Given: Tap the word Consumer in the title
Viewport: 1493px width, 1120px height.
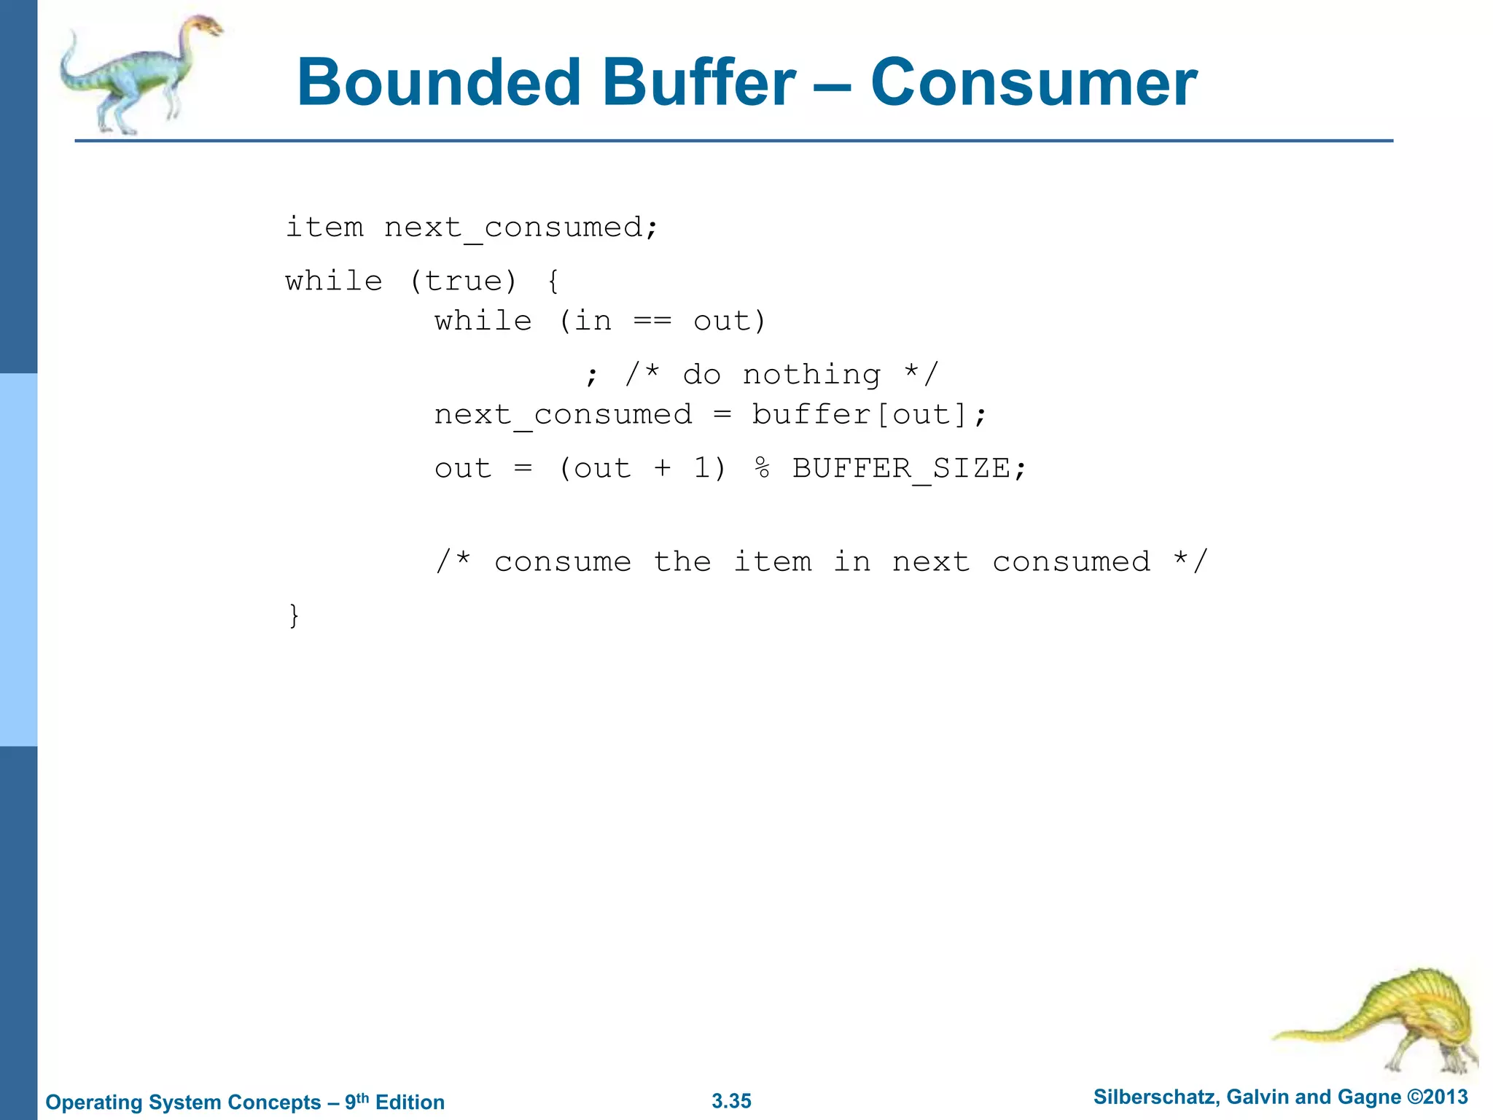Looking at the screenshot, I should point(1033,82).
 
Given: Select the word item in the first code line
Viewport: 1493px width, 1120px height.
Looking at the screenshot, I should point(324,227).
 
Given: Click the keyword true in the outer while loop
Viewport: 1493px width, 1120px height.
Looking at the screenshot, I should point(464,281).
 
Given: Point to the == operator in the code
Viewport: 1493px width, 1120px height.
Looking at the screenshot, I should point(652,321).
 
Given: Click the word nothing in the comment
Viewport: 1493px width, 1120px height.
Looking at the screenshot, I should point(811,375).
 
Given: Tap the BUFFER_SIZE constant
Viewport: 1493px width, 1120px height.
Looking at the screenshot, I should point(901,468).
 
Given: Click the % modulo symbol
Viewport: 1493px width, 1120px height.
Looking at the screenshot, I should point(762,468).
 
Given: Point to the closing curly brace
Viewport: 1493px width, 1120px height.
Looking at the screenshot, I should point(294,615).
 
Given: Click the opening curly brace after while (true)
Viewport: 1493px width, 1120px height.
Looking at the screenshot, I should point(553,281).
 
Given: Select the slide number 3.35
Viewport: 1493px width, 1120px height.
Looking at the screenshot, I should point(731,1101).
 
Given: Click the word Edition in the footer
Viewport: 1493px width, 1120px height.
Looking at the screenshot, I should point(410,1102).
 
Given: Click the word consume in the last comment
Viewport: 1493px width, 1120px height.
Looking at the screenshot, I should point(562,561).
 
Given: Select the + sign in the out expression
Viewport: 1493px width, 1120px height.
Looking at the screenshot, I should point(662,468).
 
